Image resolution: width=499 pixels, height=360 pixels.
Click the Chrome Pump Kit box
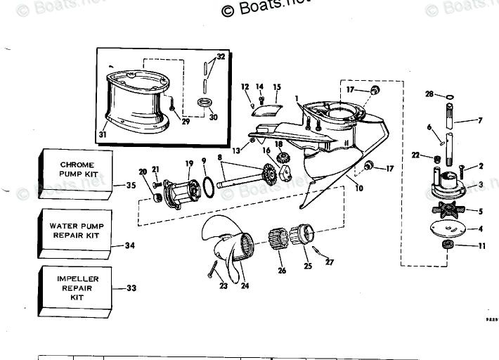[75, 170]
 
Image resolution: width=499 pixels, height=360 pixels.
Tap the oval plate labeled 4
[448, 228]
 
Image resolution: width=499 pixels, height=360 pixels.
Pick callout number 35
[130, 186]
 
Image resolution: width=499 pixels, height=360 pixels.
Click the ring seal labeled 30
[206, 105]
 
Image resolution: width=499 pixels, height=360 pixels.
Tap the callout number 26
[282, 269]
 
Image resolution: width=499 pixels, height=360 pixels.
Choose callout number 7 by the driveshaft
[480, 120]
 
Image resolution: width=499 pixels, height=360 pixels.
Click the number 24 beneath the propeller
[245, 286]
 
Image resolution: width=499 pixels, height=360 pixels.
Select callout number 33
[130, 288]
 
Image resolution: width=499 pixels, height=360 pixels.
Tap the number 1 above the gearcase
[297, 98]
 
